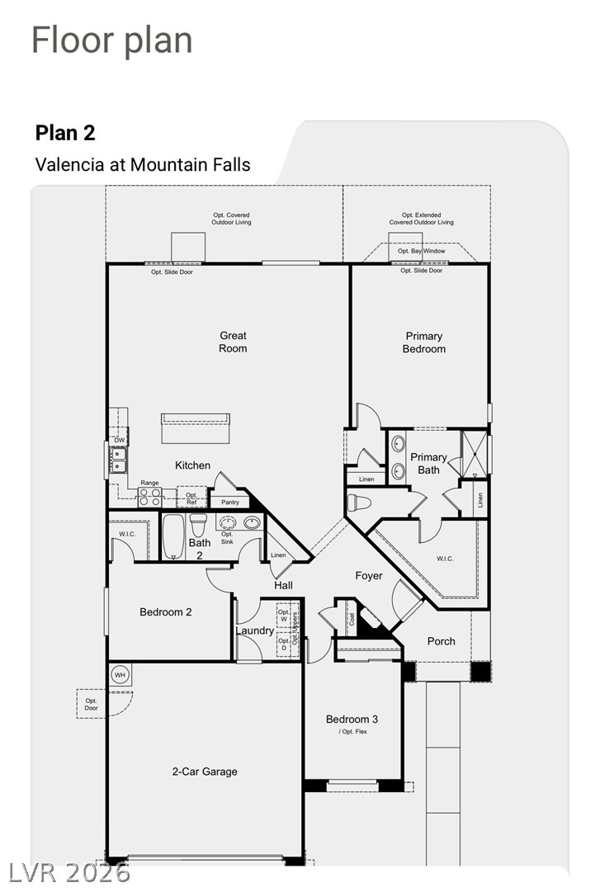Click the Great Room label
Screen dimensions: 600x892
tap(234, 342)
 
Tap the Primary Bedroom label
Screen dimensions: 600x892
tap(423, 342)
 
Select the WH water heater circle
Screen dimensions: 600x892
tap(120, 675)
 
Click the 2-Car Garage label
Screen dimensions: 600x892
tap(205, 772)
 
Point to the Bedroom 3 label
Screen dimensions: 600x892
tap(352, 719)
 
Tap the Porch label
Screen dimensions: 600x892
tap(442, 641)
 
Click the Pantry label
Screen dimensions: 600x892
tap(230, 503)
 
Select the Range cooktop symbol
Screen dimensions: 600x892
tap(149, 497)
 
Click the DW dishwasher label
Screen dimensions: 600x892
tap(120, 441)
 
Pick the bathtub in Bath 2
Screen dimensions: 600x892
tap(172, 536)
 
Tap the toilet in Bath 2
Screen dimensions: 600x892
tap(198, 524)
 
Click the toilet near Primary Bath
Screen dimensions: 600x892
tap(359, 503)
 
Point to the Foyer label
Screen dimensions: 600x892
tap(369, 576)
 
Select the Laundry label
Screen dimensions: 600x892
tap(255, 630)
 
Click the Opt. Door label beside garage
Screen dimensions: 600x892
tap(91, 704)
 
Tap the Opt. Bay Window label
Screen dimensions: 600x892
tap(422, 251)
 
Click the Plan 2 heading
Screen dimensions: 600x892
tap(65, 133)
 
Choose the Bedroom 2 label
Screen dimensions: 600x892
tap(166, 612)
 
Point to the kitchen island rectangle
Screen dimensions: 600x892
tap(196, 428)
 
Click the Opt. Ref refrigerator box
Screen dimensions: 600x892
tap(191, 498)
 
